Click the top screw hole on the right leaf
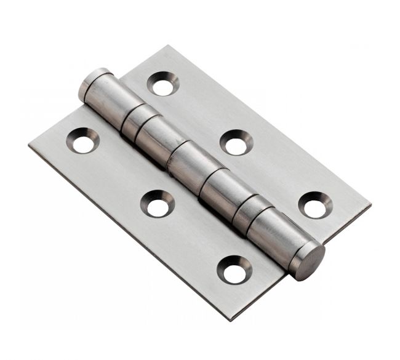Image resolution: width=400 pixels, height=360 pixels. coord(162,84)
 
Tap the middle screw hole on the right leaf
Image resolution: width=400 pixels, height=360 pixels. coord(236,143)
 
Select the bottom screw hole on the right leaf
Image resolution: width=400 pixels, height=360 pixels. coord(313,205)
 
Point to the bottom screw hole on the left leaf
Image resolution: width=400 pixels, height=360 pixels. coord(234,270)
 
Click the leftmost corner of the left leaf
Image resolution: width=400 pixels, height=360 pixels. coord(29,146)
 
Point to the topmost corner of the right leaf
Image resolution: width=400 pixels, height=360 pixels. coord(166,46)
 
